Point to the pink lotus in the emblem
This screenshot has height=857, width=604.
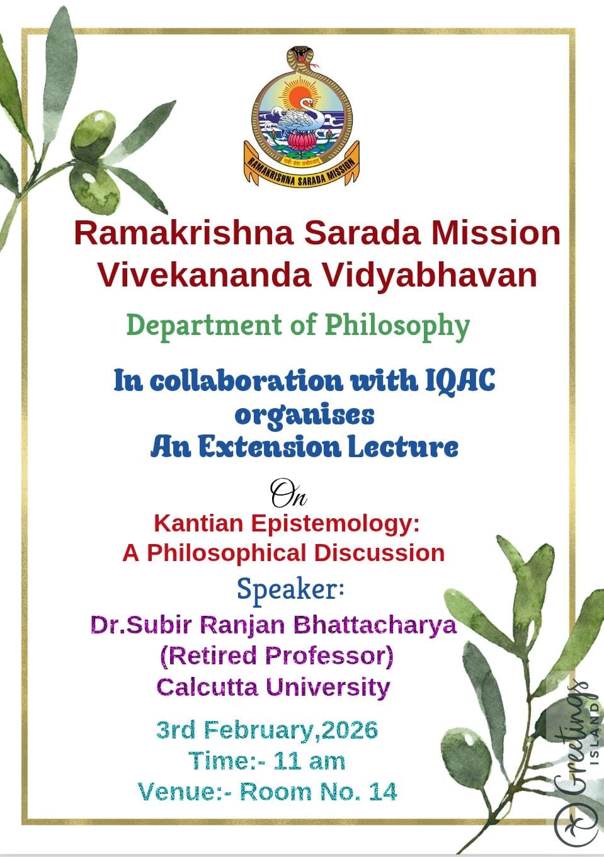click(x=302, y=143)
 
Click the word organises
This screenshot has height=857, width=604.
click(x=304, y=416)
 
